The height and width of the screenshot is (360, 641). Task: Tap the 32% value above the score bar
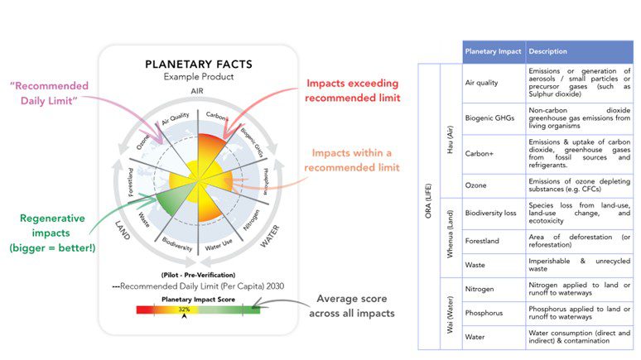[x=184, y=308]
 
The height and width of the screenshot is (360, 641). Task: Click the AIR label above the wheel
[x=196, y=90]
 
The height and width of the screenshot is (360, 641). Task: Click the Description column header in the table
[x=547, y=51]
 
